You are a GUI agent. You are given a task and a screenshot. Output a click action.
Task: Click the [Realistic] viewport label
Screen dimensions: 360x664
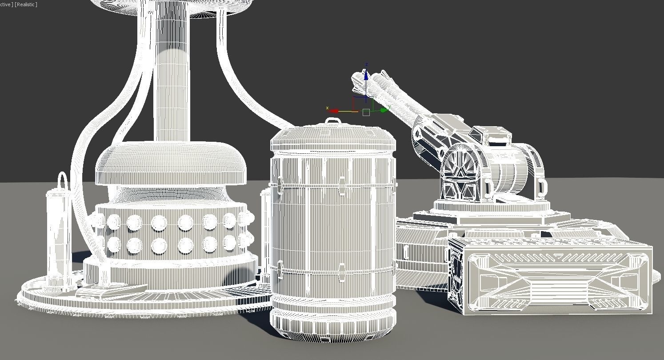pos(26,4)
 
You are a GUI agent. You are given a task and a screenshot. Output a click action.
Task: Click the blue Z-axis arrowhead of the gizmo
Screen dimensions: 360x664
pos(366,76)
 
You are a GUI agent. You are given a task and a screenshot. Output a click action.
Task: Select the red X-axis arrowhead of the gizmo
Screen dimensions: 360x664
pos(334,111)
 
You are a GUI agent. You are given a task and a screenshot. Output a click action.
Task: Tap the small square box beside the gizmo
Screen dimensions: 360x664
pos(366,112)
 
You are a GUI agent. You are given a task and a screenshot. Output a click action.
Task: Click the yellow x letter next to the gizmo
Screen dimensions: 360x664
pos(328,108)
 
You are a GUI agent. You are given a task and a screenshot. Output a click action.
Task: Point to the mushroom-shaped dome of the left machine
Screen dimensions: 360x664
pos(171,162)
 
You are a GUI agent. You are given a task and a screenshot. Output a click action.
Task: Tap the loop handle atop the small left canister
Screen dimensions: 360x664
pos(62,180)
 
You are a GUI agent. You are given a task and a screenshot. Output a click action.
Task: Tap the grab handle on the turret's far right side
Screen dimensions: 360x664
pos(541,188)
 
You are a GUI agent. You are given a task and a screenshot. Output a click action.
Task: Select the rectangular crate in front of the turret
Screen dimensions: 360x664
pos(551,278)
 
